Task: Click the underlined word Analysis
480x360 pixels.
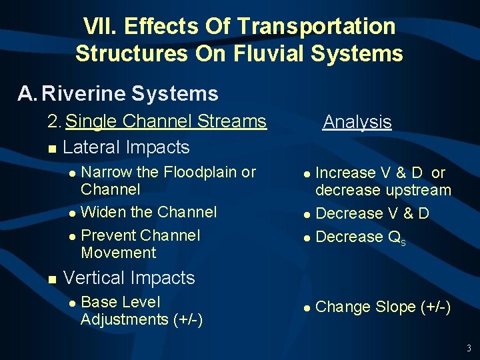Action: (x=357, y=121)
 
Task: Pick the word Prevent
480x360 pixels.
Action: (x=103, y=235)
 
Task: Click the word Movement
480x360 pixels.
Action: (x=118, y=253)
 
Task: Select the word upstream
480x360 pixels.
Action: (x=419, y=190)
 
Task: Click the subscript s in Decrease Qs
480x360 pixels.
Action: (x=403, y=241)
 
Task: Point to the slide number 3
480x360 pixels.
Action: (x=469, y=347)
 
